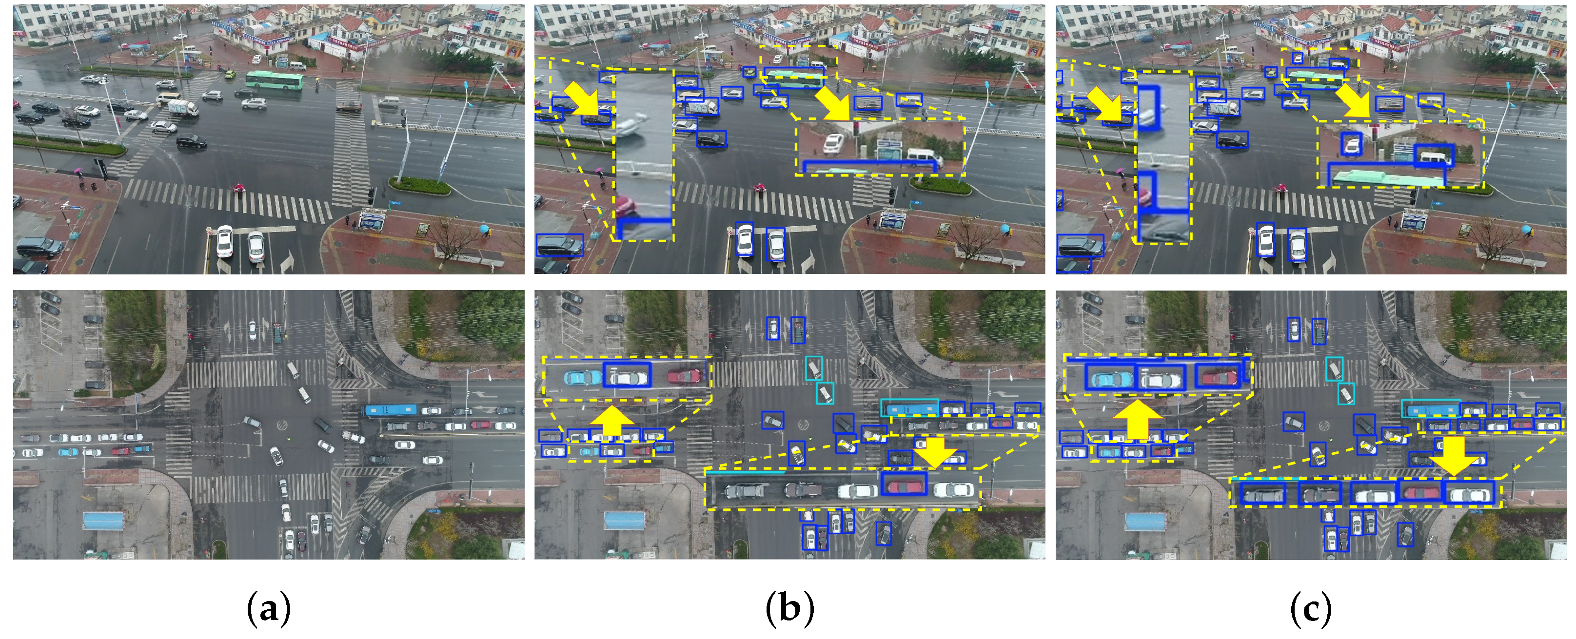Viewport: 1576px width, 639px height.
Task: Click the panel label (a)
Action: (268, 608)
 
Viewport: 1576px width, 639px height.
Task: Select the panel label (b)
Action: (789, 608)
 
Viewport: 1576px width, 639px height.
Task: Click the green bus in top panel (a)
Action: (274, 80)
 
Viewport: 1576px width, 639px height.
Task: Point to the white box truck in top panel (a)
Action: (183, 109)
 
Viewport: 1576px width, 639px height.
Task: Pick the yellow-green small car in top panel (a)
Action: (229, 75)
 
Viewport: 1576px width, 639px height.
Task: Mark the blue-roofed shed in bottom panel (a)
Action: (103, 521)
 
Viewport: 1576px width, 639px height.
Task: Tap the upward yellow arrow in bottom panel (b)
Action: (611, 420)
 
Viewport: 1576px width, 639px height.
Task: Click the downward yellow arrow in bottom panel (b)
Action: (935, 451)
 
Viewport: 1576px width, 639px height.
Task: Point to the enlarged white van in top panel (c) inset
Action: (1435, 158)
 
